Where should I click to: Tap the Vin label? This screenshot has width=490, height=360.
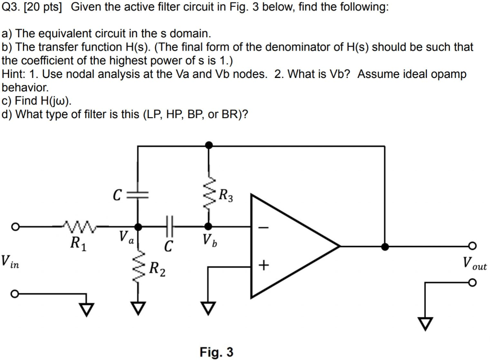coord(10,262)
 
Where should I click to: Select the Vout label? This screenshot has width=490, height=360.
coord(474,263)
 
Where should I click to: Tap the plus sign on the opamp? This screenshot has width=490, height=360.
coord(264,264)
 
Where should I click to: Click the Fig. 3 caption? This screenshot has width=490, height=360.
coord(216,353)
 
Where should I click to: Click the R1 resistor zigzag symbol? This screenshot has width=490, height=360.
coord(79,224)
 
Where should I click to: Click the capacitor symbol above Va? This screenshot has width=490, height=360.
coord(138,195)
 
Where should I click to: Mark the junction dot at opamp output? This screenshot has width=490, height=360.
coord(385,247)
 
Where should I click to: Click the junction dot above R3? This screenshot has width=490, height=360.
coord(208,145)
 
